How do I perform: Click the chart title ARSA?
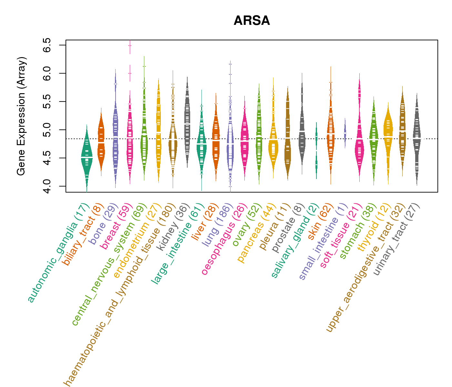pyautogui.click(x=252, y=21)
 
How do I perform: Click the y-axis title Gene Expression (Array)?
pyautogui.click(x=21, y=116)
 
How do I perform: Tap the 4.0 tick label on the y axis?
pyautogui.click(x=46, y=186)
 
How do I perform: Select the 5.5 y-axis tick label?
pyautogui.click(x=46, y=102)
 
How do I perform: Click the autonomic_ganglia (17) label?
pyautogui.click(x=58, y=253)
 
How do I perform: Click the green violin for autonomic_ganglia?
pyautogui.click(x=87, y=155)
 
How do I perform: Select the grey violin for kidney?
pyautogui.click(x=187, y=126)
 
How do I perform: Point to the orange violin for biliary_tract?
pyautogui.click(x=101, y=142)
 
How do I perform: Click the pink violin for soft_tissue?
pyautogui.click(x=359, y=142)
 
